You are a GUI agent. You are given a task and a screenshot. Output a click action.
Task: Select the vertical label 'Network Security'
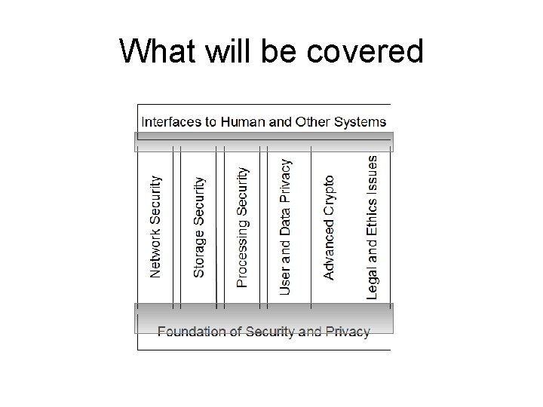point(155,227)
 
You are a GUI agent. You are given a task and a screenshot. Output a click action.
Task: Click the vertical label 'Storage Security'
point(199,228)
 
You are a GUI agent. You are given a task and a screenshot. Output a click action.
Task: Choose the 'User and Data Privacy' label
point(285,225)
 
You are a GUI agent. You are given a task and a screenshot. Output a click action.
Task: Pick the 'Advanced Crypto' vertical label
point(329,228)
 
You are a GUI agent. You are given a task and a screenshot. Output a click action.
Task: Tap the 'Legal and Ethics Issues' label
point(373,227)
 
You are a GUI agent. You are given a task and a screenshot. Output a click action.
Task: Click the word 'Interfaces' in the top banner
point(172,121)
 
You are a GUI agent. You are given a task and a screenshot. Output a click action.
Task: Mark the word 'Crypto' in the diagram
point(329,195)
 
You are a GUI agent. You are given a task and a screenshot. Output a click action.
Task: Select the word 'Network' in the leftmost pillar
point(155,252)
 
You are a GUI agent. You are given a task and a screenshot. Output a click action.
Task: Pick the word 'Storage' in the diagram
point(199,252)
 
